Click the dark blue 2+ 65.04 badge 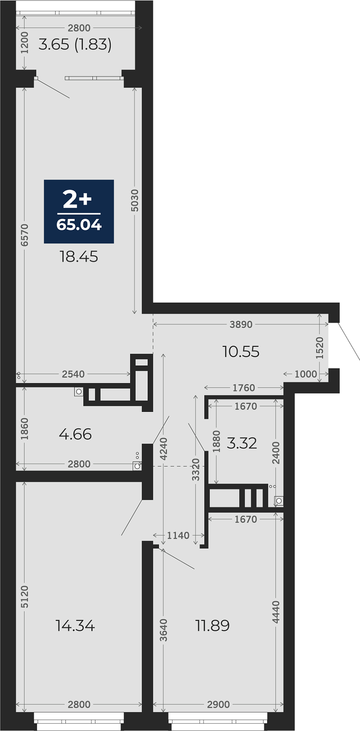point(79,211)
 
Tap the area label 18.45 point(79,257)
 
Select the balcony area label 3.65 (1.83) point(75,45)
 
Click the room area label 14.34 point(75,626)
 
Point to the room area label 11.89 point(212,626)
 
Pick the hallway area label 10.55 point(241,351)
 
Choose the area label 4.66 point(75,434)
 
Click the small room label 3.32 point(242,443)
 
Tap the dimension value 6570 point(24,235)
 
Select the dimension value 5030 point(135,200)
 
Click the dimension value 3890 point(241,324)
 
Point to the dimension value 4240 point(164,449)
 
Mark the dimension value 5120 point(24,597)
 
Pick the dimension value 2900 point(218,704)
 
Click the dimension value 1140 point(178,535)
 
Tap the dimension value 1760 point(244,388)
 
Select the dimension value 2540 point(73,374)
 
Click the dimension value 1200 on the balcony point(24,43)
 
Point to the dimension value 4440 point(276,612)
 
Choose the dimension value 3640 point(164,630)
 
